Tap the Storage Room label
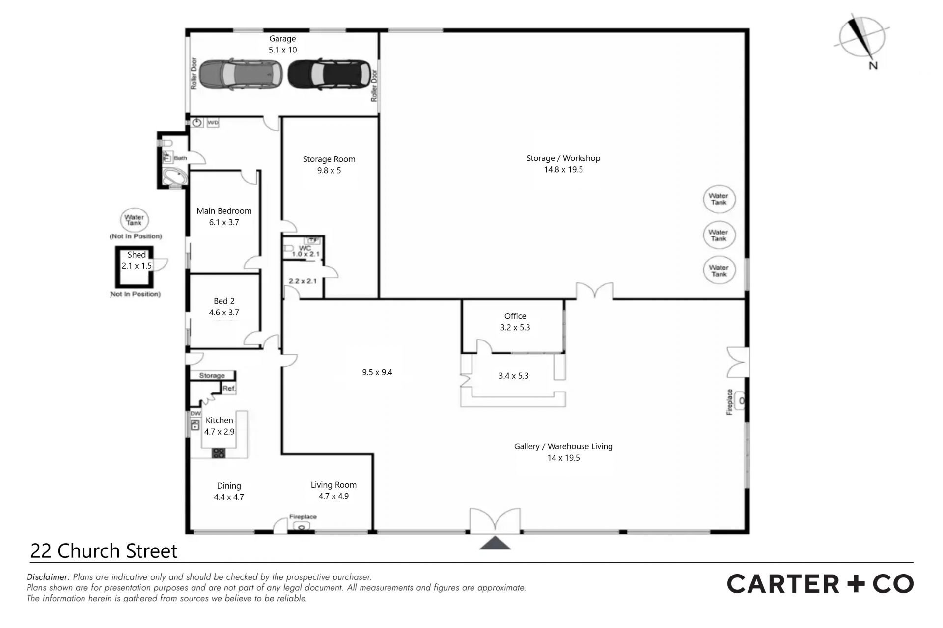click(329, 159)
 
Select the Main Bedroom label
click(224, 211)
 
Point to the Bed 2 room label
click(224, 301)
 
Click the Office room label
click(515, 316)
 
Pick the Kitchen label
click(220, 420)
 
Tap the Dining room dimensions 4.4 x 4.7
click(229, 497)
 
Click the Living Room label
click(333, 485)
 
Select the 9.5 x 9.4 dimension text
click(377, 372)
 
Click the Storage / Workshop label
click(563, 158)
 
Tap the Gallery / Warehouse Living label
click(563, 446)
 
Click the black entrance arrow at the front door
click(495, 543)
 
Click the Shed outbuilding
click(134, 267)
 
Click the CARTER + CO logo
click(820, 584)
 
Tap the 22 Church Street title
click(104, 551)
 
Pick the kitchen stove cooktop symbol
click(219, 453)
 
